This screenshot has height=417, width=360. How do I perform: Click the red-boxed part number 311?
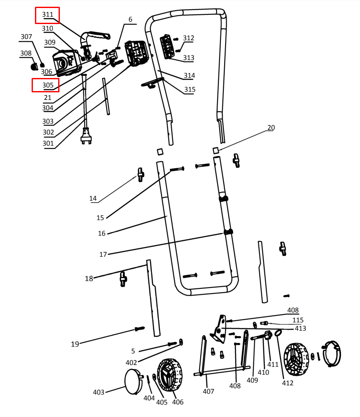(x=47, y=15)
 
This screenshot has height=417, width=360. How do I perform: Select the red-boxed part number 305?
(x=47, y=85)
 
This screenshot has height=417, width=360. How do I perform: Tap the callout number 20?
(x=271, y=128)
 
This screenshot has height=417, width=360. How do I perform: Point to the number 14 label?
(x=93, y=198)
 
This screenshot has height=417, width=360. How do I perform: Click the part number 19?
(x=75, y=344)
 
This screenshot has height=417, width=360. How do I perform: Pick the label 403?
(x=99, y=392)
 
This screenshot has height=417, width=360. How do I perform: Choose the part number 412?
(x=288, y=383)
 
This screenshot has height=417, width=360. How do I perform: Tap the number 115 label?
(x=298, y=320)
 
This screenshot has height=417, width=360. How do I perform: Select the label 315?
(x=189, y=89)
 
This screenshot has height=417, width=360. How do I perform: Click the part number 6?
(x=130, y=20)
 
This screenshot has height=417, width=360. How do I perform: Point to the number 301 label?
(x=48, y=143)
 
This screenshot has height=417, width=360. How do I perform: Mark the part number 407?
(x=208, y=391)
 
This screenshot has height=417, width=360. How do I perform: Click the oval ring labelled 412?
(x=279, y=334)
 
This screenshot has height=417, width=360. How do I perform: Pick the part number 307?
(x=26, y=37)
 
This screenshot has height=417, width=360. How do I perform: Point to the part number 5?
(x=133, y=351)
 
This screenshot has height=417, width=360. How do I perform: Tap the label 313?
(x=188, y=58)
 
